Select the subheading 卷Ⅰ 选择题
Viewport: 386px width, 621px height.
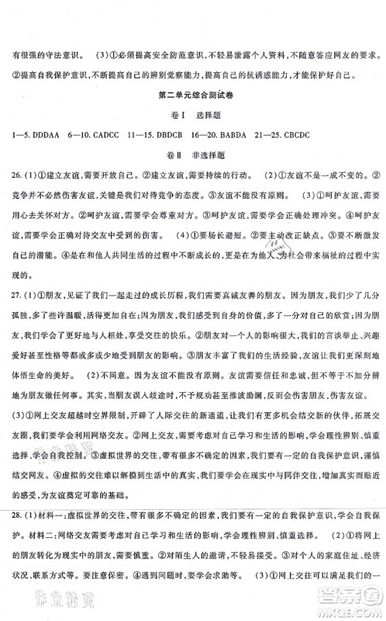192,139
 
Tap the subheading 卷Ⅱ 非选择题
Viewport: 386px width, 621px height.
192,182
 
